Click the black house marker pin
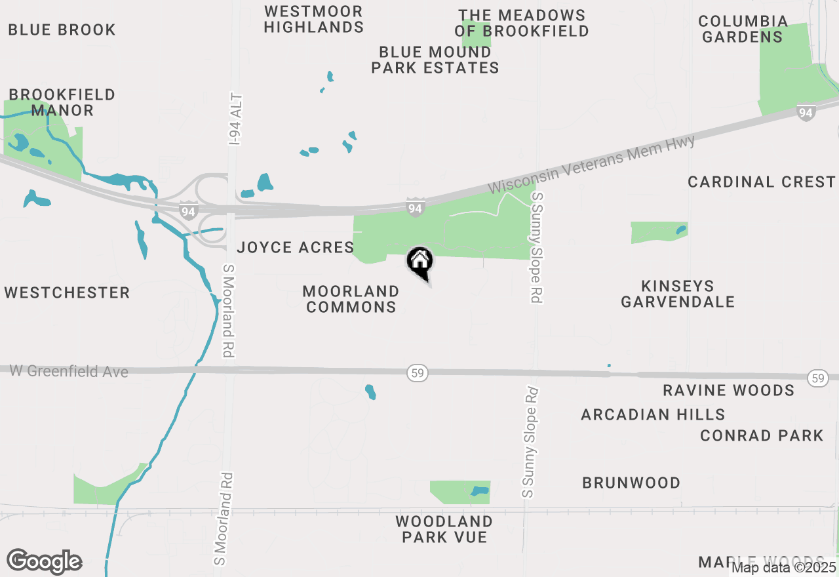420,262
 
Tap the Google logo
44,561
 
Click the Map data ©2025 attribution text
784,567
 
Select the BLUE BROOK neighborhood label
62,30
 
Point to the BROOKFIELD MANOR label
62,103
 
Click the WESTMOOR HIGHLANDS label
314,19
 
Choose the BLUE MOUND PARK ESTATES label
435,60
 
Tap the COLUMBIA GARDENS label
743,29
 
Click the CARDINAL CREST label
762,182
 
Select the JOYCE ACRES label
296,247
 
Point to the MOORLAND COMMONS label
351,299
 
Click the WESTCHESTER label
68,292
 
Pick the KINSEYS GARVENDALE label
678,294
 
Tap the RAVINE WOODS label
729,391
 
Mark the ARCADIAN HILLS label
654,414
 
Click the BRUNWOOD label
632,483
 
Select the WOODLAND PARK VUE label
444,529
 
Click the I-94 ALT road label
236,119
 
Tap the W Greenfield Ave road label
69,371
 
